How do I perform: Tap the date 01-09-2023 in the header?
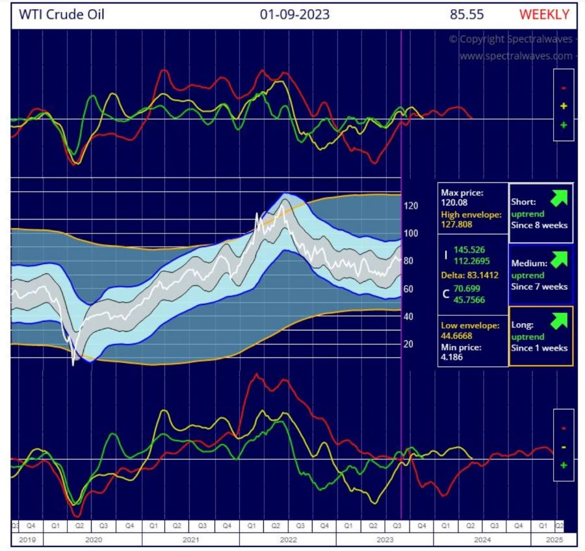(x=294, y=14)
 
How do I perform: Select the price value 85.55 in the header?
(x=466, y=14)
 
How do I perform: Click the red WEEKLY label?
(x=545, y=14)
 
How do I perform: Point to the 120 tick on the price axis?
(x=411, y=206)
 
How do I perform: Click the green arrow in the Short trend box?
(x=559, y=196)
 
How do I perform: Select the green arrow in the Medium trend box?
(x=559, y=258)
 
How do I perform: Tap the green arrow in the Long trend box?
(x=559, y=319)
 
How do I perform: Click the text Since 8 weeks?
(x=539, y=225)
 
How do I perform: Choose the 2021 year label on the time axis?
(x=190, y=540)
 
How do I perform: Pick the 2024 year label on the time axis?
(x=482, y=540)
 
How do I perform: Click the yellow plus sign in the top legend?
(x=564, y=106)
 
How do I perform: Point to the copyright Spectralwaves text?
(x=510, y=39)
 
